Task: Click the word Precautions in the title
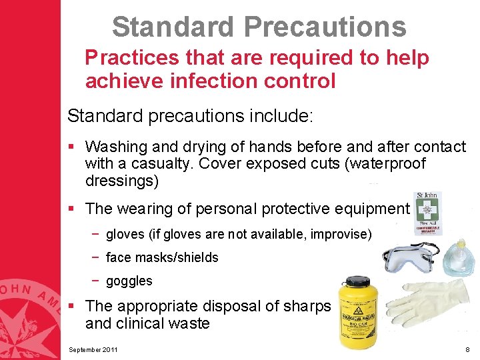pyautogui.click(x=325, y=27)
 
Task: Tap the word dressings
pyautogui.click(x=120, y=181)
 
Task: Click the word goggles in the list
pyautogui.click(x=129, y=281)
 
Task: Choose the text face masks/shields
pyautogui.click(x=162, y=257)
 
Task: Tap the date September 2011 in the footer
pyautogui.click(x=94, y=349)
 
